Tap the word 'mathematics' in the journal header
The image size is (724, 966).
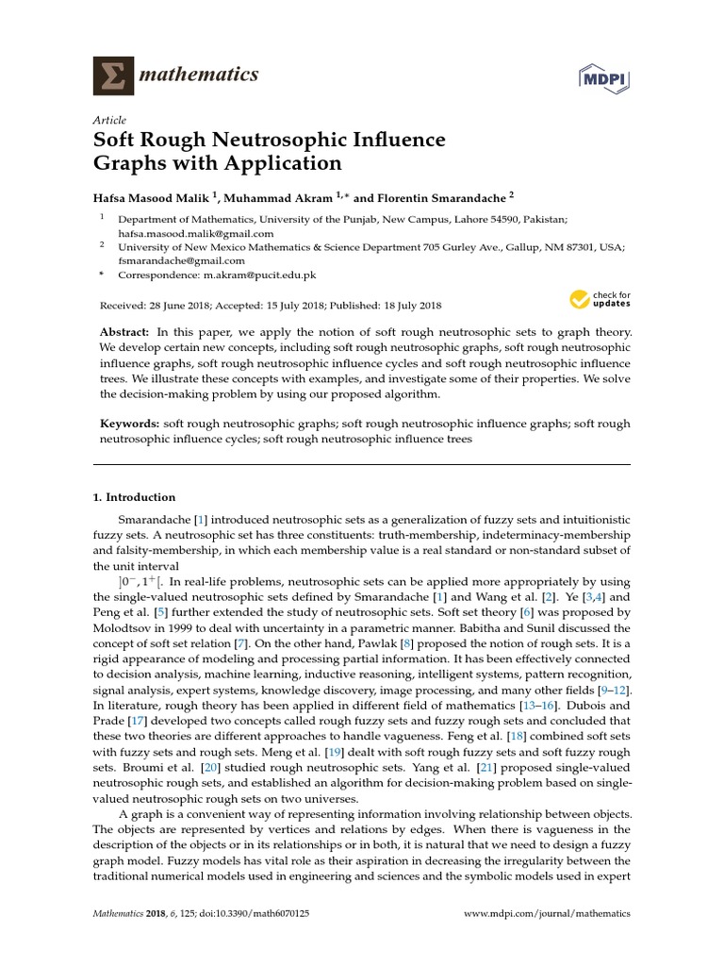pyautogui.click(x=199, y=75)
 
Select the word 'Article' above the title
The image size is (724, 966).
pyautogui.click(x=109, y=121)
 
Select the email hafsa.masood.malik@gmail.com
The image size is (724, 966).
pyautogui.click(x=195, y=233)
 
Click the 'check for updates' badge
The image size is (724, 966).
pyautogui.click(x=600, y=300)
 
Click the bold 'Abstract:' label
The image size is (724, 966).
pyautogui.click(x=124, y=333)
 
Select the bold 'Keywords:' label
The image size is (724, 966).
pyautogui.click(x=130, y=425)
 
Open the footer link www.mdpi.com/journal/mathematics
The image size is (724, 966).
pyautogui.click(x=549, y=914)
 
